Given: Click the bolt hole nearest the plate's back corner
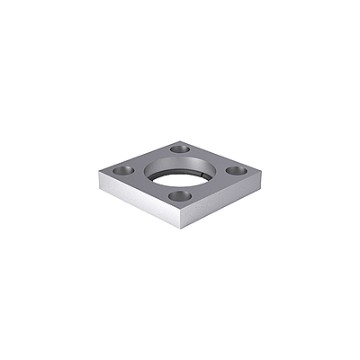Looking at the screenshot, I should [179, 148].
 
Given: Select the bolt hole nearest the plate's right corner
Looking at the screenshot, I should [237, 169].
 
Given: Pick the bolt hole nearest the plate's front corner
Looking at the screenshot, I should [181, 193].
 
